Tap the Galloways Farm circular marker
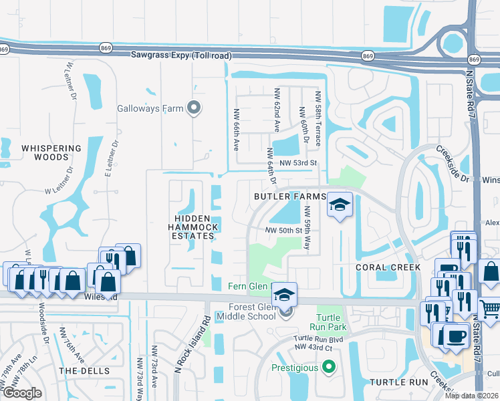[195, 107]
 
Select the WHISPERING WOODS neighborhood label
[51, 153]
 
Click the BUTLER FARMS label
[289, 196]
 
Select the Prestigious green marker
[328, 367]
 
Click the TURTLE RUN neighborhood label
[398, 382]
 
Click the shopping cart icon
[491, 308]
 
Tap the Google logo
[21, 393]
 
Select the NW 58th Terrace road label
[319, 119]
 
